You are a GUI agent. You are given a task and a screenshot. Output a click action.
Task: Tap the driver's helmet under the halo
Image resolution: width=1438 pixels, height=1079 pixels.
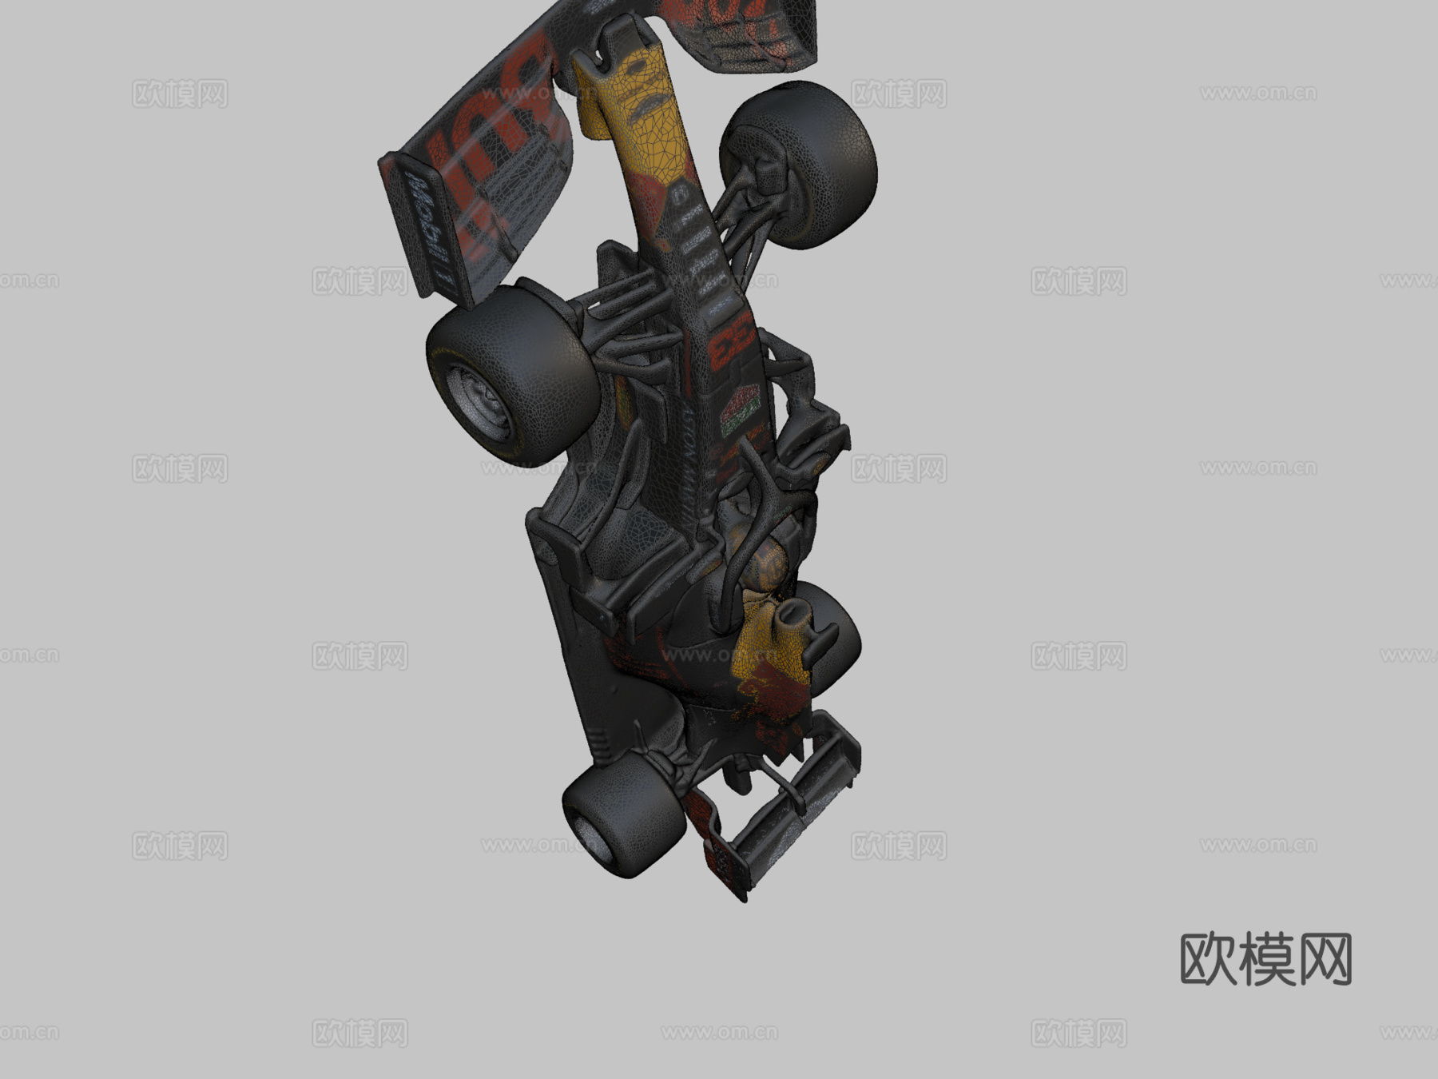coord(771,559)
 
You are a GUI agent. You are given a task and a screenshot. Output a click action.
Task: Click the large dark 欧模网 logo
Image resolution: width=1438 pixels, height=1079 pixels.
coord(1265,959)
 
